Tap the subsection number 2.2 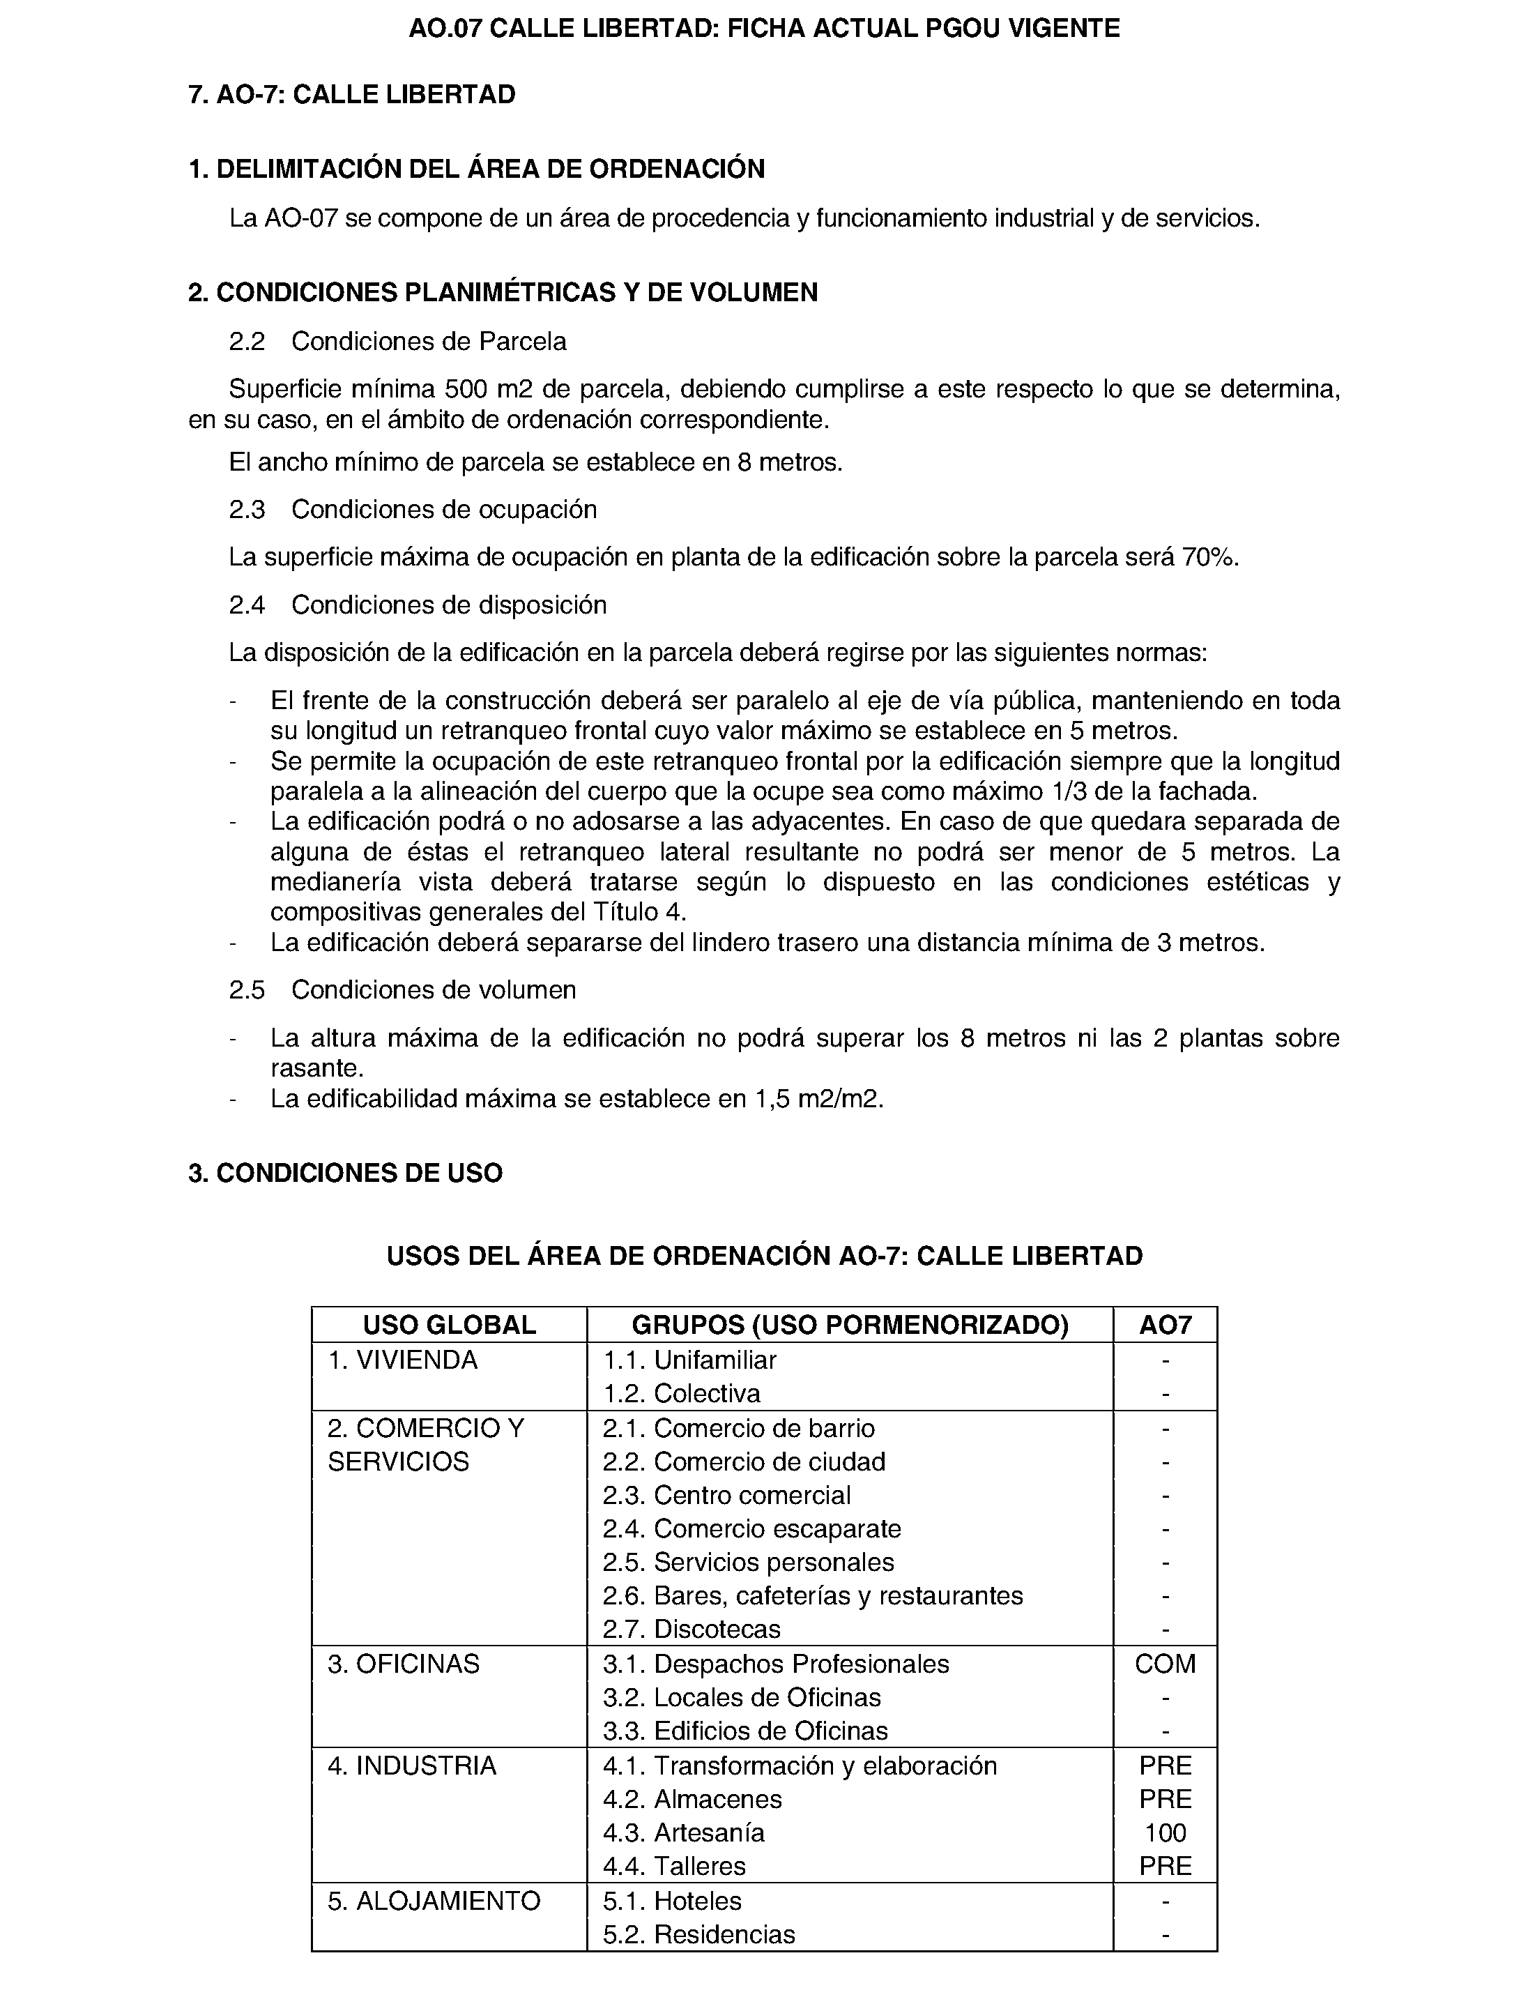pos(247,342)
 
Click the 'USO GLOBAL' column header pos(450,1325)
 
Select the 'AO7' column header pos(1165,1325)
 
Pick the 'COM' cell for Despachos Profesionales pos(1165,1664)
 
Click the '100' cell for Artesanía pos(1165,1832)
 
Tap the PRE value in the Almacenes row pos(1165,1799)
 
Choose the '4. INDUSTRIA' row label pos(412,1766)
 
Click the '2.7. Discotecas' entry pos(692,1629)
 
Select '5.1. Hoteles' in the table pos(672,1901)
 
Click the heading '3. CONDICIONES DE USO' pos(346,1174)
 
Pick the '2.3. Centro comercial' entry pos(727,1495)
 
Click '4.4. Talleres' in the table pos(674,1866)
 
